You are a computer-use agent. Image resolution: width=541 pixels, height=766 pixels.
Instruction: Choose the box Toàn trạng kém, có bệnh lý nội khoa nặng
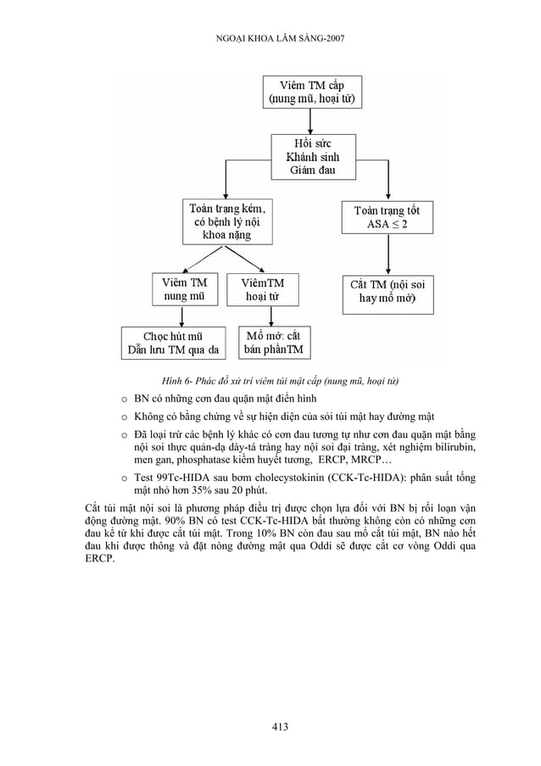226,221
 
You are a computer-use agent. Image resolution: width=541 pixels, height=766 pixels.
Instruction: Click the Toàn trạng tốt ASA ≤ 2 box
387,217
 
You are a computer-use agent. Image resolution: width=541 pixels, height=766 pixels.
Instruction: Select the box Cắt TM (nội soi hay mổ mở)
388,291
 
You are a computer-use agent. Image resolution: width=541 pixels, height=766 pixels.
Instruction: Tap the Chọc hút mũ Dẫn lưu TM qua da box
173,344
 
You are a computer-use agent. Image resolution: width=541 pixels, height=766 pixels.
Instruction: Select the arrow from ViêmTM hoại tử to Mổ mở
269,316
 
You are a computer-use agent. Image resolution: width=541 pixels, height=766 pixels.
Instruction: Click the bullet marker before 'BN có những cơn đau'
124,398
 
